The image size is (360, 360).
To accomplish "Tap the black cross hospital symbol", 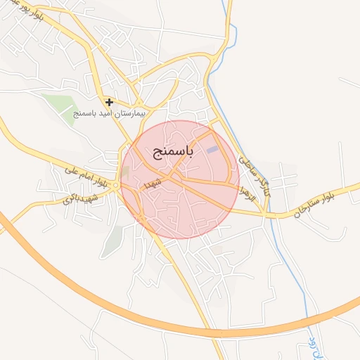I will point(109,102).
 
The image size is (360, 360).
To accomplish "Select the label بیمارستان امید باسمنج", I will point(108,113).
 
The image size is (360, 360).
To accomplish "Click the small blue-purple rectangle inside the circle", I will point(212,148).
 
